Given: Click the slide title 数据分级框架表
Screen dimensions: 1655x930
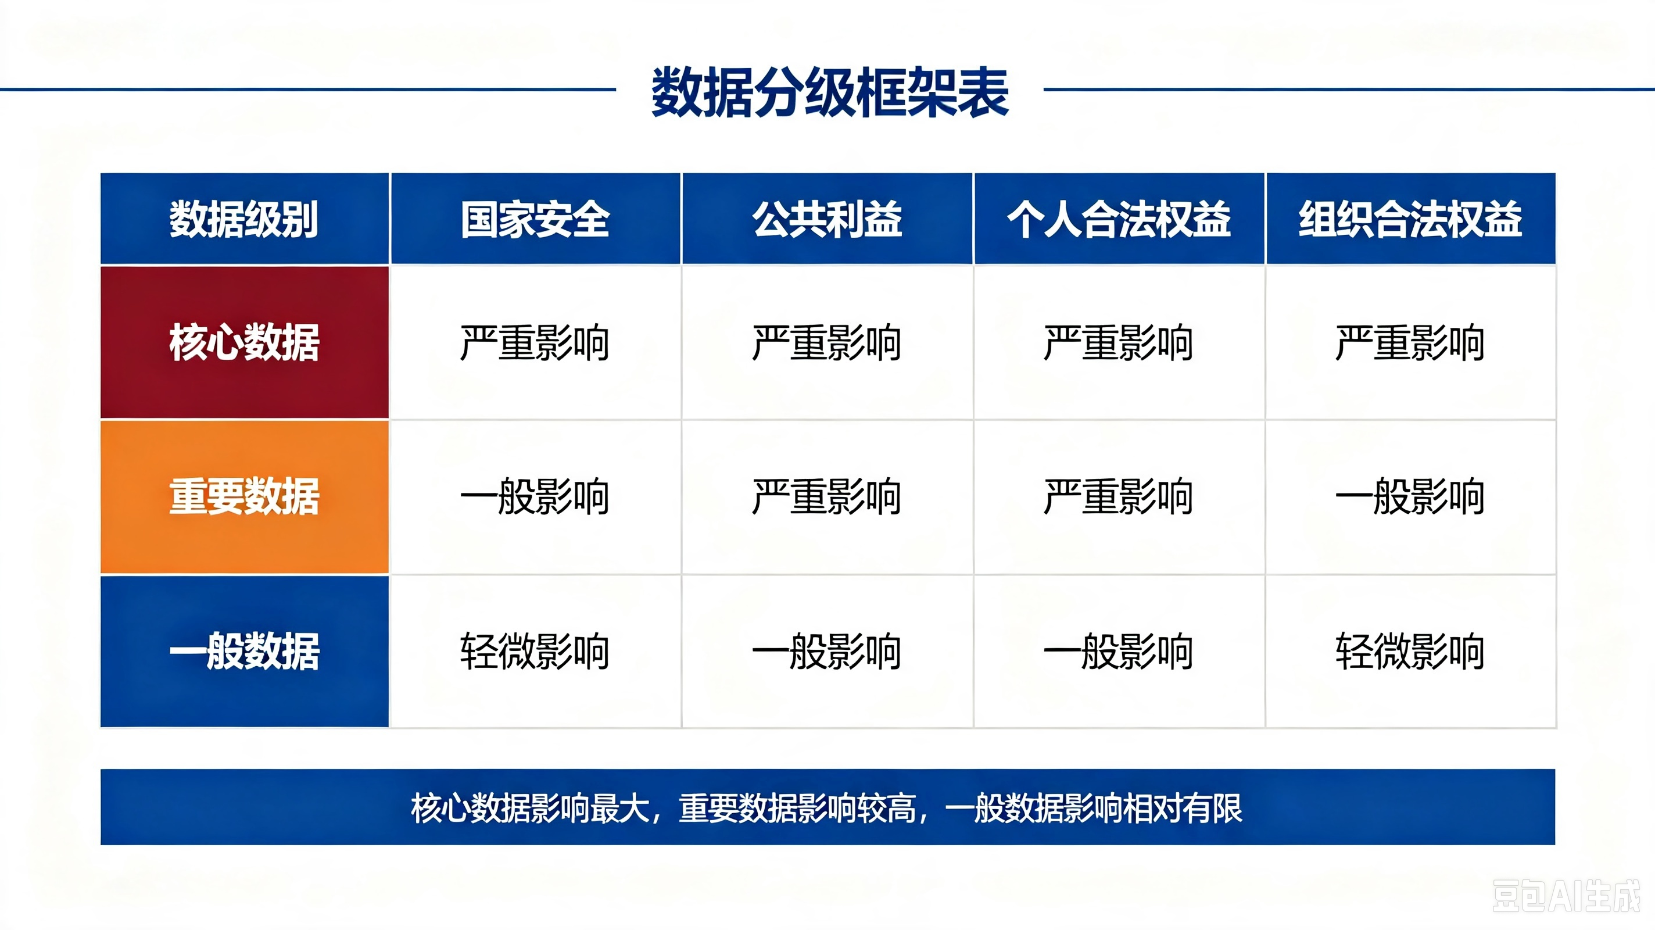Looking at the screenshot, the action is click(829, 92).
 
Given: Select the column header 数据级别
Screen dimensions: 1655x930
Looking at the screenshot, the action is click(244, 219).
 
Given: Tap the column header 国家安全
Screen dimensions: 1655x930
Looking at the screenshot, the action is click(535, 219).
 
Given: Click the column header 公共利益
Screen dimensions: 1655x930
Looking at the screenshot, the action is click(828, 219).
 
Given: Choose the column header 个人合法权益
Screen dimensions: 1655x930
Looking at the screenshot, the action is click(1119, 219).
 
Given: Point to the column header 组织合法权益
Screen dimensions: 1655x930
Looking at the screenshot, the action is click(1410, 219).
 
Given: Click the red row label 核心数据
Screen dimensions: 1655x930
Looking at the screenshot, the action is click(244, 342).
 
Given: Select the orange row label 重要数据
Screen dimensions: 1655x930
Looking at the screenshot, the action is click(244, 496).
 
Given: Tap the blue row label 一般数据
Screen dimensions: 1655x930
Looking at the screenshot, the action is click(244, 651).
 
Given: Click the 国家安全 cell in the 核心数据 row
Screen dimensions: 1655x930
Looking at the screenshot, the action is click(535, 342).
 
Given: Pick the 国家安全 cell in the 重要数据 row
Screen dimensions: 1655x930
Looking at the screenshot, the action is click(535, 496).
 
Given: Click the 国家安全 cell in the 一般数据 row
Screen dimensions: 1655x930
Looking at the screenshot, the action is click(535, 651).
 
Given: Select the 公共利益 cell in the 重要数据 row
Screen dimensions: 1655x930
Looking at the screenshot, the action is click(827, 496).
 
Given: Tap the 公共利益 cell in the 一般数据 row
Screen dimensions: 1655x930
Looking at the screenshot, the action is click(827, 651).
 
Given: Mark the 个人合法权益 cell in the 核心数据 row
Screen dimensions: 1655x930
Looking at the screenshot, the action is click(1119, 342).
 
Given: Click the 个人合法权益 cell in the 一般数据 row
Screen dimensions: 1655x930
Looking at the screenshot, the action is click(1119, 651).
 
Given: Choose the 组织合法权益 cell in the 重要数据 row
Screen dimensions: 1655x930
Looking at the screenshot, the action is click(1410, 496).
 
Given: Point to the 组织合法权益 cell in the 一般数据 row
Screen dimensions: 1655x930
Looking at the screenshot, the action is click(1410, 651).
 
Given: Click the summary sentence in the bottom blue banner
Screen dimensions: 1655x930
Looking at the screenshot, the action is click(827, 808).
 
